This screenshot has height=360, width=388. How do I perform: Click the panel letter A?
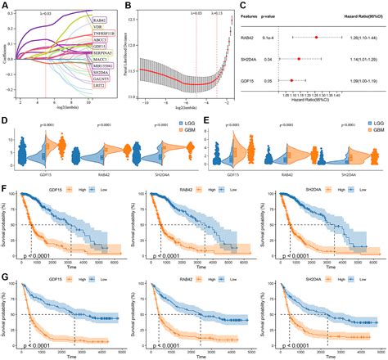click(x=6, y=6)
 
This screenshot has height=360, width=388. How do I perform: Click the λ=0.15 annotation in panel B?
click(x=216, y=12)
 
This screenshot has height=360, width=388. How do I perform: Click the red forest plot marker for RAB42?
click(x=316, y=38)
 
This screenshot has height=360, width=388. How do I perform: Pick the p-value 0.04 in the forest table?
click(x=278, y=59)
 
